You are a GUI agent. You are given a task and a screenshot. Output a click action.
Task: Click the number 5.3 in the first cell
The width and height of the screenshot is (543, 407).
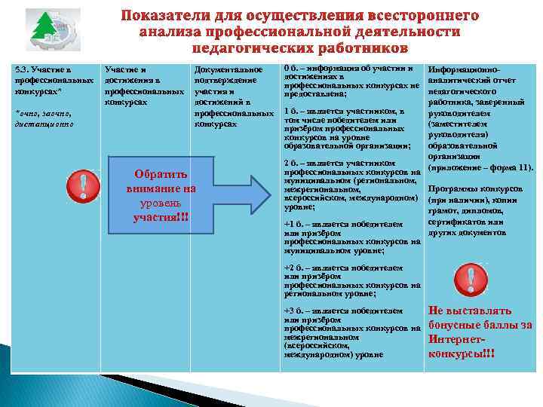23,70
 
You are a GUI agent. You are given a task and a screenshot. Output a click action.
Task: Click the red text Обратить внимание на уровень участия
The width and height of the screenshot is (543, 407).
161,193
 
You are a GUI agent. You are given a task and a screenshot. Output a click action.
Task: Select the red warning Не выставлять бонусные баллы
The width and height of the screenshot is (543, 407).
480,332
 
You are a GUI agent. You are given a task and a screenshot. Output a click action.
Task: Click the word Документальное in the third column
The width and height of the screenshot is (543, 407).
228,70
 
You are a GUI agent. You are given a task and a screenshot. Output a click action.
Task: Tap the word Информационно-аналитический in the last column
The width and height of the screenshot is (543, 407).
468,74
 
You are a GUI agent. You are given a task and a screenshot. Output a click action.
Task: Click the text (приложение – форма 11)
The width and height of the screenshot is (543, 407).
480,167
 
